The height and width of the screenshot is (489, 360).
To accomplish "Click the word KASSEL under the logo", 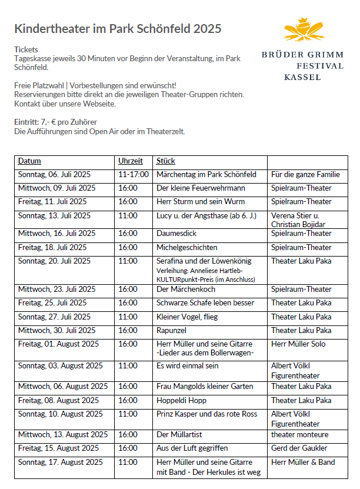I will tap(302, 77).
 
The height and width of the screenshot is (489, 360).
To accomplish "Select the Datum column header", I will tap(29, 161).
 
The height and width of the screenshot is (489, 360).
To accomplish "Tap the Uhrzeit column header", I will tap(130, 161).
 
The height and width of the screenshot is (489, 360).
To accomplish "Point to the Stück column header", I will tap(166, 161).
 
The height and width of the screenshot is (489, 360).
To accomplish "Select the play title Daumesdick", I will tap(176, 234).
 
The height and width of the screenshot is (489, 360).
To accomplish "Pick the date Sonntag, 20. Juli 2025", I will tap(54, 261).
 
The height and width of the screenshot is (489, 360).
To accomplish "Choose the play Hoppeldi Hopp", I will tap(181, 400).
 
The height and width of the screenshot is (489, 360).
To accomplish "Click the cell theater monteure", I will tap(300, 435).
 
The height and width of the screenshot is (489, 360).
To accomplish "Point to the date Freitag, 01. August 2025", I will tap(59, 344).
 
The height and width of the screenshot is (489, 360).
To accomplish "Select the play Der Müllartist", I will tap(180, 435).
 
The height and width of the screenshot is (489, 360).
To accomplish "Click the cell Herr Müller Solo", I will tap(298, 344).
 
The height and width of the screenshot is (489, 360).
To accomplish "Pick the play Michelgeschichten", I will tap(186, 248).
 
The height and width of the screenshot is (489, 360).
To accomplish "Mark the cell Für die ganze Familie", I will tap(305, 175).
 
